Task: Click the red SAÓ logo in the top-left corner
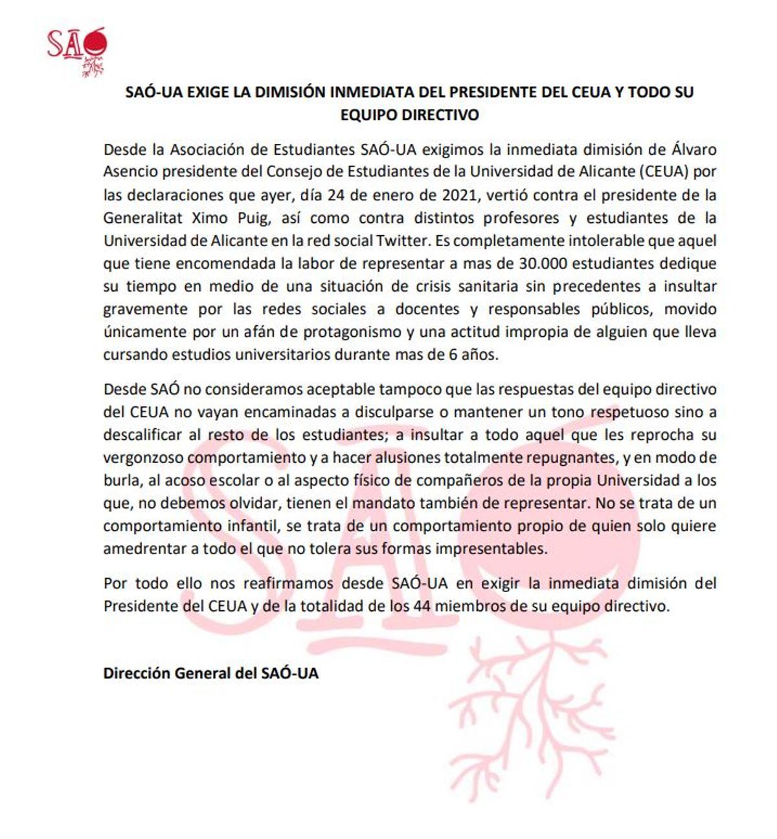point(76,51)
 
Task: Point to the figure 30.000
point(544,264)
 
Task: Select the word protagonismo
point(353,332)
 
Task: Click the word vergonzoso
point(143,458)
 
